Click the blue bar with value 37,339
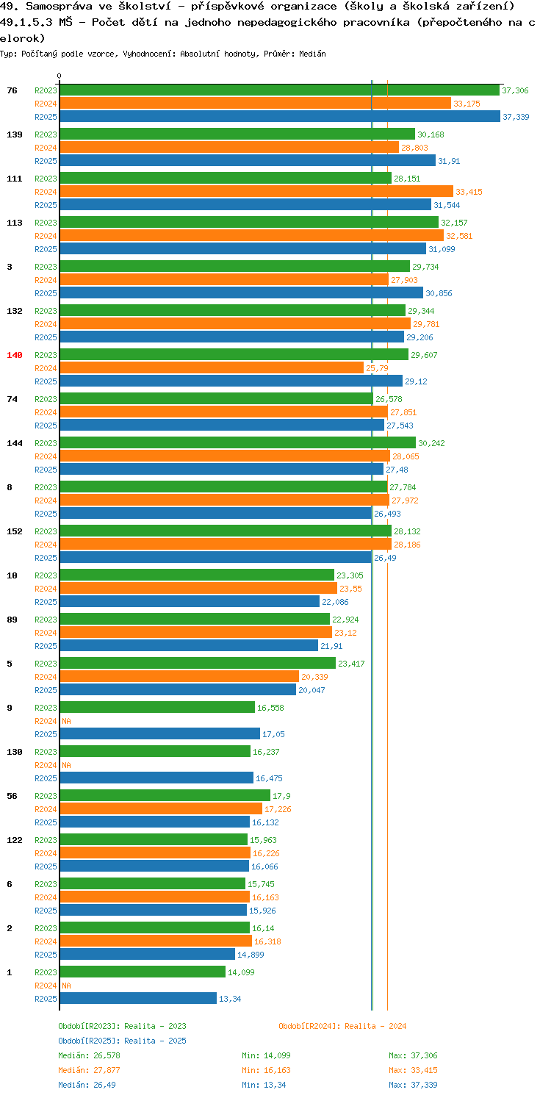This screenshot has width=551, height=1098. click(x=280, y=116)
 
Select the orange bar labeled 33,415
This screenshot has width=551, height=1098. click(x=256, y=191)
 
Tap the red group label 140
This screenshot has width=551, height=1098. click(x=15, y=355)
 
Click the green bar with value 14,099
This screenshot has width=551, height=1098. click(x=143, y=972)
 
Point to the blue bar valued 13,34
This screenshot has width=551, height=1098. click(x=138, y=998)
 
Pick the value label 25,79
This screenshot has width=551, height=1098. click(x=377, y=368)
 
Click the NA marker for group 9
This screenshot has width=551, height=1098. click(x=66, y=721)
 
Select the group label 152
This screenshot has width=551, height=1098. click(x=15, y=531)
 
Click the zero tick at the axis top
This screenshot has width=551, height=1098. click(x=60, y=76)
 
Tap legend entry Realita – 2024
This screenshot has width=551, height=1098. click(x=342, y=1026)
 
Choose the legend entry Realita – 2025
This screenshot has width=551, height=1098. click(x=122, y=1041)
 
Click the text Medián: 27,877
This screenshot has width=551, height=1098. click(x=89, y=1070)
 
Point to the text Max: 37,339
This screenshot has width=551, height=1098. click(x=413, y=1085)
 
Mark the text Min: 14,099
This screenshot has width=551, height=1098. click(x=266, y=1055)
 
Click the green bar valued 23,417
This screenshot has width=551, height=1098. click(x=198, y=663)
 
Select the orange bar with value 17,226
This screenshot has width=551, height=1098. click(x=161, y=808)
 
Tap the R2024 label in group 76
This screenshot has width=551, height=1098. click(x=46, y=104)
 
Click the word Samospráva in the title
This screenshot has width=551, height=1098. click(x=59, y=7)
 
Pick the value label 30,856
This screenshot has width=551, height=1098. click(x=439, y=293)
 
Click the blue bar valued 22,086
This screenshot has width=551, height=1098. click(x=190, y=601)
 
